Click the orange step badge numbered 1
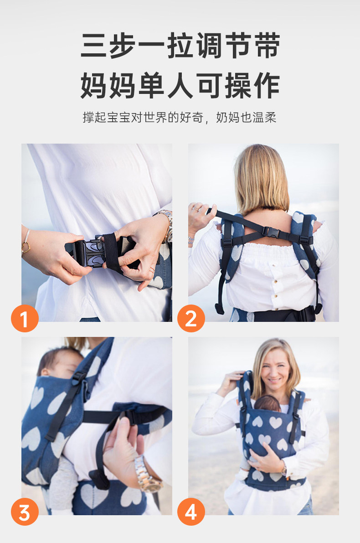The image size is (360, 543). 25,318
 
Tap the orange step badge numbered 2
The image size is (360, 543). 191,318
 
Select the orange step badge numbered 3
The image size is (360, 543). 25,512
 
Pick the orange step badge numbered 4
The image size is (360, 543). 191,512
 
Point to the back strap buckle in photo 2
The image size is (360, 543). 271,232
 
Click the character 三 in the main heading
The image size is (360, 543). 94,46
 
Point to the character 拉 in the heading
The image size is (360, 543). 180,46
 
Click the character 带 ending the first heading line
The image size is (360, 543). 267,46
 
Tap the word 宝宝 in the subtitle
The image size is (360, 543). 119,117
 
